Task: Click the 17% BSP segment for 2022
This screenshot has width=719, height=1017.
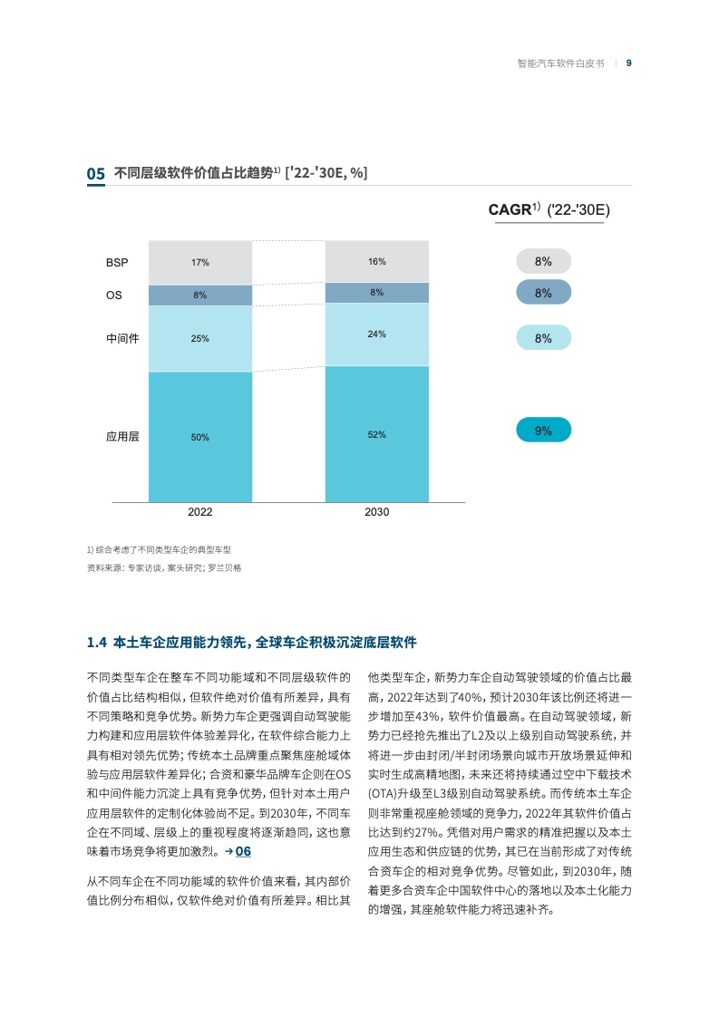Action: [x=199, y=263]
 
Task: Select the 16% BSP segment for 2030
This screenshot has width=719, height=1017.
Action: [x=377, y=261]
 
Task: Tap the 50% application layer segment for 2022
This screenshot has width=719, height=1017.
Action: [x=199, y=437]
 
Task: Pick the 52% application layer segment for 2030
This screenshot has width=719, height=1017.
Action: [x=377, y=434]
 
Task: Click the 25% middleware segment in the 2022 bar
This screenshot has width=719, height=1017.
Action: [x=199, y=339]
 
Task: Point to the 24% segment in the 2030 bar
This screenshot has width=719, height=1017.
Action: [x=377, y=334]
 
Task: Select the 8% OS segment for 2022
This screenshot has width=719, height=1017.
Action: [x=199, y=295]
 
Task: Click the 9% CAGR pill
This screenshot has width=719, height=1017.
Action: [x=544, y=430]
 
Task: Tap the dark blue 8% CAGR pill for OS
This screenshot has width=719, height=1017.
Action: [x=544, y=293]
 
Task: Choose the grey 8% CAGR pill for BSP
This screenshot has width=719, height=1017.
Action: [x=544, y=261]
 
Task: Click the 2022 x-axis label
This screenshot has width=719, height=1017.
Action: [x=199, y=512]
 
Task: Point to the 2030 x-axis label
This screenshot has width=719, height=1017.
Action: [x=377, y=512]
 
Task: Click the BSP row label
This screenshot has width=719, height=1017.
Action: [x=117, y=263]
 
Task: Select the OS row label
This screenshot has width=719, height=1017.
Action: [x=113, y=295]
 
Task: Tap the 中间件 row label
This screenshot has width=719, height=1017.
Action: [x=122, y=339]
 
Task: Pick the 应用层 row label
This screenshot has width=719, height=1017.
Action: [x=122, y=437]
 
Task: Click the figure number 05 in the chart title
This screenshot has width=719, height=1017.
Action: [x=95, y=174]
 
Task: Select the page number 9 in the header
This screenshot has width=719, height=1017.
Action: [x=629, y=63]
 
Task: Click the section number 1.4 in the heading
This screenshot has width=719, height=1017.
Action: [x=97, y=643]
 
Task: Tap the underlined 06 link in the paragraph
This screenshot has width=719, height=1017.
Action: [x=243, y=852]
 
